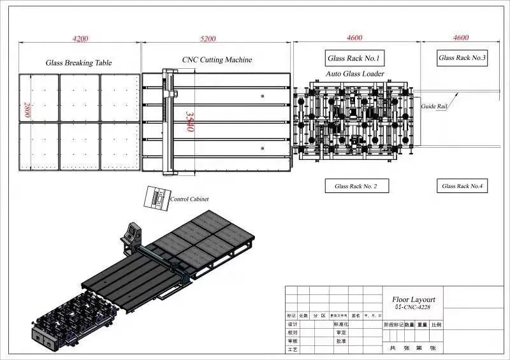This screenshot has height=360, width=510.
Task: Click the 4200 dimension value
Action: click(x=80, y=39)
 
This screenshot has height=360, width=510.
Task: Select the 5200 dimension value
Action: click(x=208, y=39)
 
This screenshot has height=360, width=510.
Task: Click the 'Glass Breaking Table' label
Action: click(x=78, y=63)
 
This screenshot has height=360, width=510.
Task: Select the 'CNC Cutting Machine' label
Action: click(x=217, y=60)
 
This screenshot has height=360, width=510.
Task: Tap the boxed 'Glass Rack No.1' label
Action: click(x=354, y=59)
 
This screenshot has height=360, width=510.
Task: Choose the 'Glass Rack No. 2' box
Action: click(x=356, y=187)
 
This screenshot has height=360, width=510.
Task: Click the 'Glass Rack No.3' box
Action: click(x=462, y=58)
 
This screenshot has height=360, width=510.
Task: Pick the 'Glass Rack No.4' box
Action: click(x=462, y=186)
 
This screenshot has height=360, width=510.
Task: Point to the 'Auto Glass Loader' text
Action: click(x=355, y=74)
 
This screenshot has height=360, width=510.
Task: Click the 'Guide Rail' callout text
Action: click(x=433, y=106)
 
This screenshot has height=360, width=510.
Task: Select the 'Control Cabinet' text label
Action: click(x=189, y=199)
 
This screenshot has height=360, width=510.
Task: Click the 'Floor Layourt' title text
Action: click(x=414, y=299)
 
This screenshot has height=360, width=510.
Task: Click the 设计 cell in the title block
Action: click(x=293, y=324)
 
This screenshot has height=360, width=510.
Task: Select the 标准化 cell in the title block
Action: click(x=343, y=324)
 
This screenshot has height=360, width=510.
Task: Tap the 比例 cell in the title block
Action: click(x=436, y=324)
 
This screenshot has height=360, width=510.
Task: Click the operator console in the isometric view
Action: click(x=132, y=231)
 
